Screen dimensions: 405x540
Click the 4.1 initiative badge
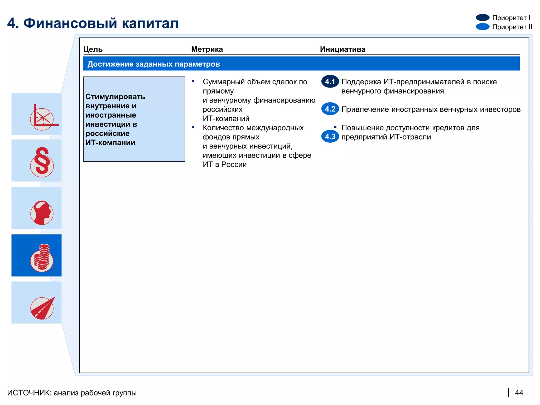330,82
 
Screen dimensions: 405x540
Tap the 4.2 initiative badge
330,109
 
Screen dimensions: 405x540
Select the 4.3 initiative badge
330,137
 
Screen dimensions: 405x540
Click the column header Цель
93,49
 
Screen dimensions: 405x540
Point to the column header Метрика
207,49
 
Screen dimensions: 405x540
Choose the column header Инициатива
343,49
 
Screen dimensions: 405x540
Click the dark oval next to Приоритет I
483,18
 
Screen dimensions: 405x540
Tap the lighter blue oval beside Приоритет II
483,27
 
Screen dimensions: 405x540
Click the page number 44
519,393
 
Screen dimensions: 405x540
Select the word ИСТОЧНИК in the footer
29,393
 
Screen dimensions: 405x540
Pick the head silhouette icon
42,213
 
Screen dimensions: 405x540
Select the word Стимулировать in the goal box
115,97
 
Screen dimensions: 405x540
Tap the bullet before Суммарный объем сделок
193,81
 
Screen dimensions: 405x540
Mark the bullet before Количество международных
193,127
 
